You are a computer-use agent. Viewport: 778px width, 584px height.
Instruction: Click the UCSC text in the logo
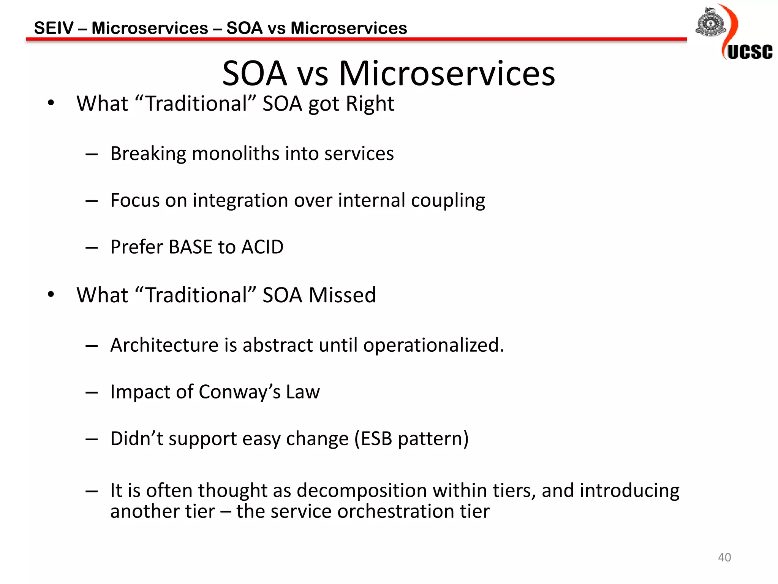point(750,52)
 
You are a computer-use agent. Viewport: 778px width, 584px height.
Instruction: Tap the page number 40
point(724,557)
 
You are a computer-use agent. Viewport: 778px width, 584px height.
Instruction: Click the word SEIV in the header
point(54,28)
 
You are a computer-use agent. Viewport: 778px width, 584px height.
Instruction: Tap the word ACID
point(262,247)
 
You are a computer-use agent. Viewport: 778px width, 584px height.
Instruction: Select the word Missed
point(342,295)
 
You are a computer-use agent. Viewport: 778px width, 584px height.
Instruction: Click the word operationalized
point(433,346)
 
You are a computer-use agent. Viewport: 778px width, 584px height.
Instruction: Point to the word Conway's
point(239,392)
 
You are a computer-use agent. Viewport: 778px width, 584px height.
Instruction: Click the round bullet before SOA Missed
point(51,294)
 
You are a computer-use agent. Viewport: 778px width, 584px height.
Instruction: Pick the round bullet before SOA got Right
point(51,103)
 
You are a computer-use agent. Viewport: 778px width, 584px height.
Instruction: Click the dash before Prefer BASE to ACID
point(92,248)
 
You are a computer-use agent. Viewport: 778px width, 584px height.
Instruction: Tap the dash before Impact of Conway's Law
point(92,393)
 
